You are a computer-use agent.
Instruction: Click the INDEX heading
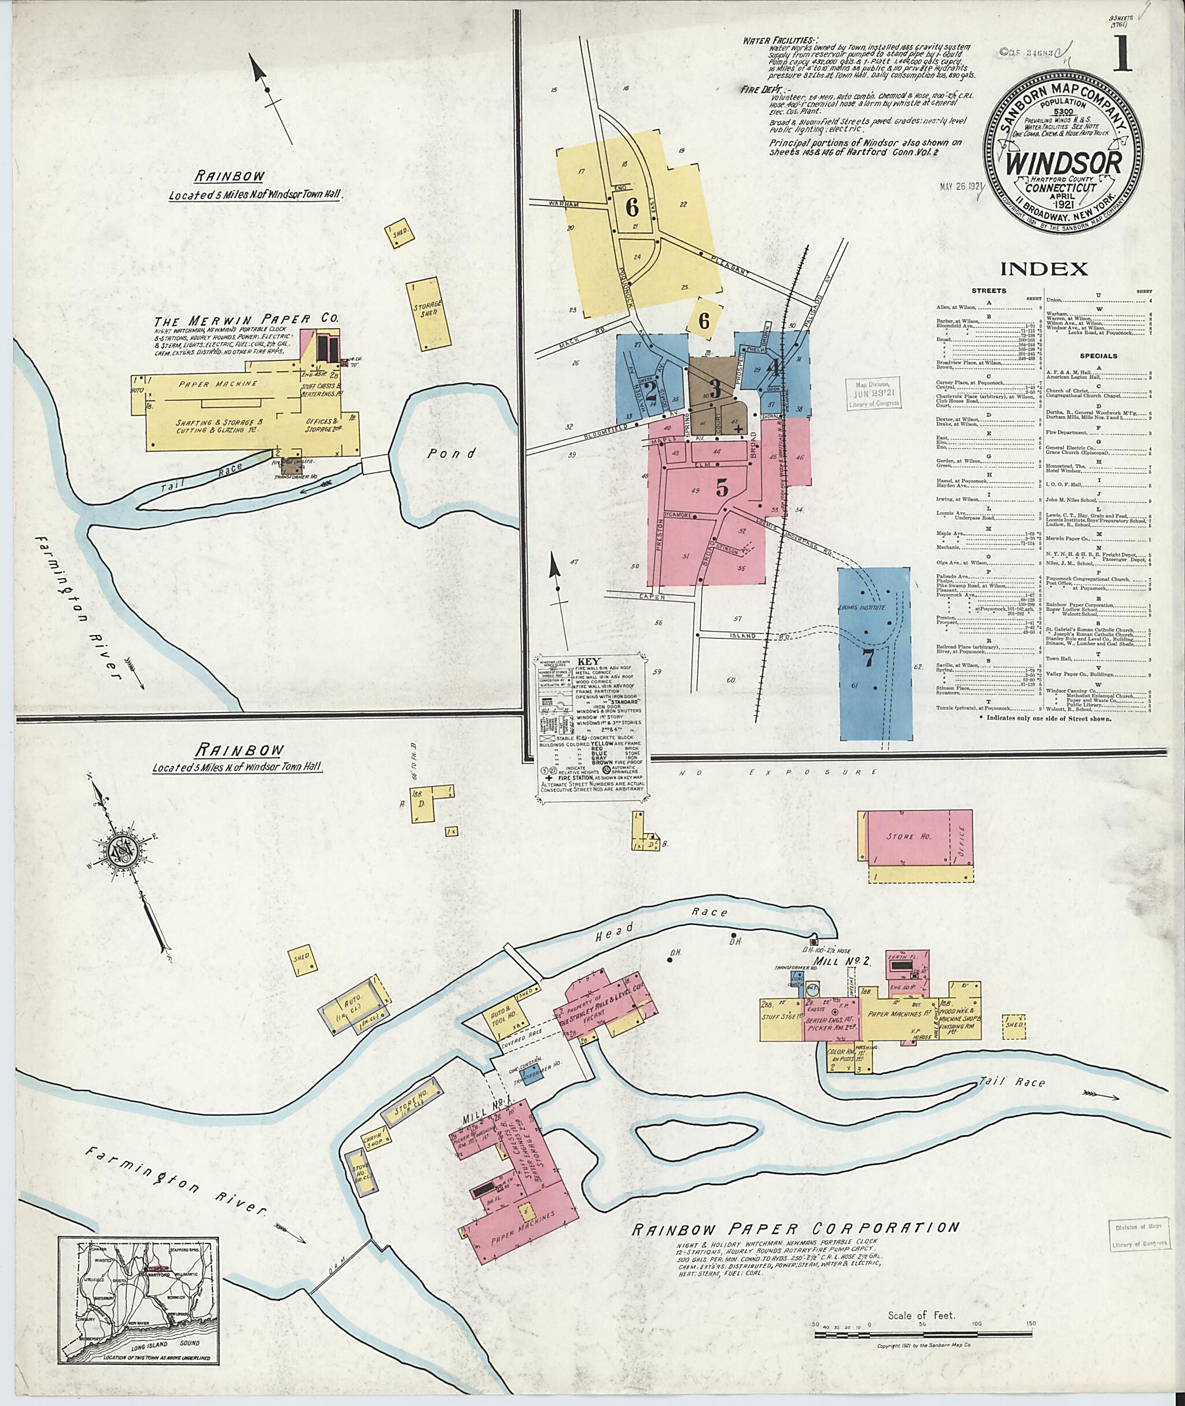click(x=1044, y=270)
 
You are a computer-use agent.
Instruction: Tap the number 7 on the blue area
click(x=868, y=659)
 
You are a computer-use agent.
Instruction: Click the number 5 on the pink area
click(x=722, y=489)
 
